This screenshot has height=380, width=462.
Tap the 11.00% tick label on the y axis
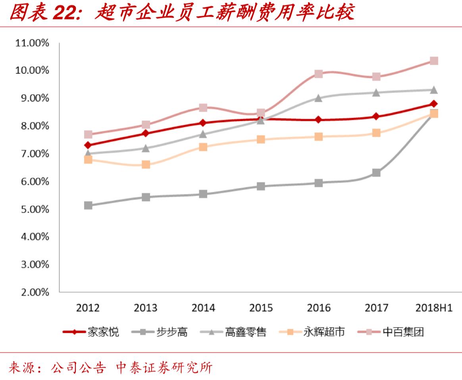tap(32, 43)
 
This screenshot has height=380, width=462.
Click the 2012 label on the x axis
tap(88, 308)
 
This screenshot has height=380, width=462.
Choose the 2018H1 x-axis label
tap(434, 308)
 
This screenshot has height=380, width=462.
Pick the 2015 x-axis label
tap(261, 308)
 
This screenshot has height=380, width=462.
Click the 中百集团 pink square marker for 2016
tap(318, 74)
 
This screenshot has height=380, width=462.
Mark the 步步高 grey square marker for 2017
tap(376, 173)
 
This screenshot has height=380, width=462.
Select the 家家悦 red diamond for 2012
tap(88, 145)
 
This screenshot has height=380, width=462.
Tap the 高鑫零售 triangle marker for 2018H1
tap(434, 90)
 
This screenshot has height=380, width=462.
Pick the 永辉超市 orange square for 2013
tap(146, 165)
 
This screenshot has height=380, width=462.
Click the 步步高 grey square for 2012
tap(88, 206)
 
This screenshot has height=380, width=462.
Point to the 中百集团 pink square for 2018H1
tap(434, 61)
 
